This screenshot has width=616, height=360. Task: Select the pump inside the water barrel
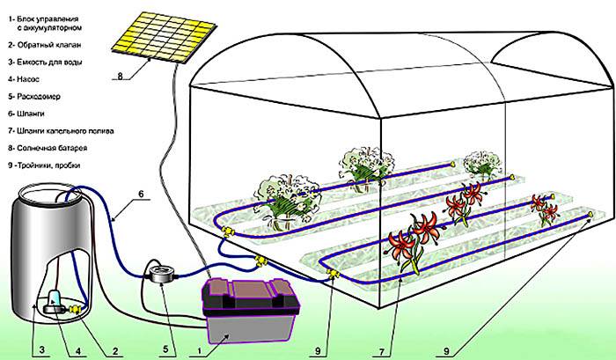click(x=54, y=303)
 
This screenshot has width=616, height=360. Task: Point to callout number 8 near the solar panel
click(x=121, y=76)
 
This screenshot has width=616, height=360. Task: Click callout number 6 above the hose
click(x=141, y=194)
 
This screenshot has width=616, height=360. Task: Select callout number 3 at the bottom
click(x=41, y=349)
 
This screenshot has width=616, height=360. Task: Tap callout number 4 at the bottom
click(x=78, y=349)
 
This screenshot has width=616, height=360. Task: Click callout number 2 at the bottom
click(x=116, y=349)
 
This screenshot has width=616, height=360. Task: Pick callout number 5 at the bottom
click(x=165, y=349)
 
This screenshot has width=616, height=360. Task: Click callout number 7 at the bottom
click(x=381, y=351)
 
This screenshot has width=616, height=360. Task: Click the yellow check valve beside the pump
click(x=73, y=310)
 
